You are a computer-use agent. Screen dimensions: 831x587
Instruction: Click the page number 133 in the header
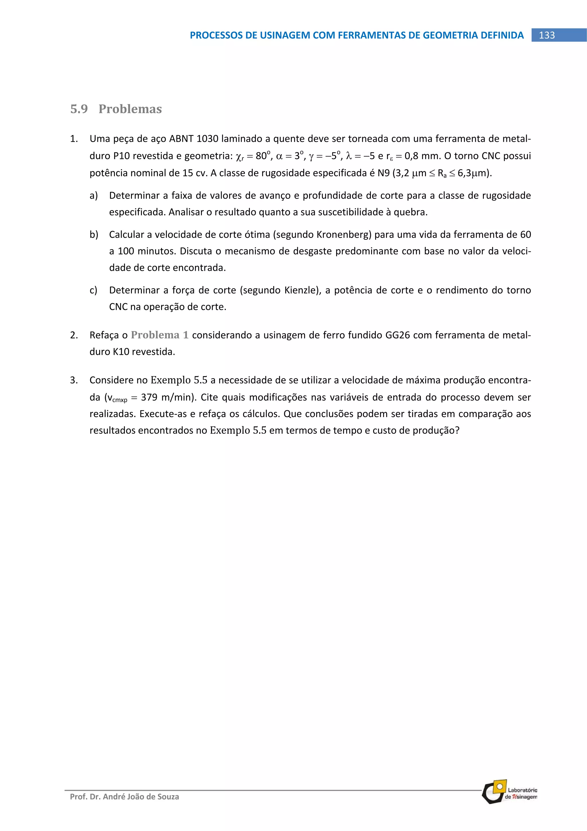click(x=547, y=35)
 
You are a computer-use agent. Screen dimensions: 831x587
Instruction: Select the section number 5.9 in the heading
click(x=79, y=109)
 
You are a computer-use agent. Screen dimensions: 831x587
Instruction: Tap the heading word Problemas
click(x=130, y=109)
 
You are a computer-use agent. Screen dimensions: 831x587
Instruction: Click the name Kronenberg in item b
click(x=344, y=235)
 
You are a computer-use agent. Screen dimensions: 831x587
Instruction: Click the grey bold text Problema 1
click(x=159, y=335)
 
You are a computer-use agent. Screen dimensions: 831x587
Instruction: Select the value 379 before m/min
click(x=149, y=397)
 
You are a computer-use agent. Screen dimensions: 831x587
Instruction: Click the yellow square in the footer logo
click(x=500, y=787)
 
